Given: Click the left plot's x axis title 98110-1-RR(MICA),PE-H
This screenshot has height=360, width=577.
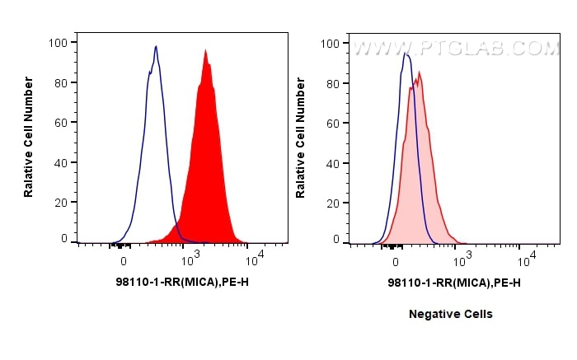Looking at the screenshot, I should [182, 283].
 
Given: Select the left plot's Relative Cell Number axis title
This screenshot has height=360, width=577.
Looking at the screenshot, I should [29, 136].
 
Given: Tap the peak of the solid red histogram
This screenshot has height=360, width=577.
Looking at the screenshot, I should [205, 50].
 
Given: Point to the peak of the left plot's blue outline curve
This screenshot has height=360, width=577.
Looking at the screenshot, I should [156, 46].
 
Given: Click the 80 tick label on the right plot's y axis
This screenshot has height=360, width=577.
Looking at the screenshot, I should [333, 82].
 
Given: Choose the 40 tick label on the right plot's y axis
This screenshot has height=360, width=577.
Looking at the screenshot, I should [333, 162].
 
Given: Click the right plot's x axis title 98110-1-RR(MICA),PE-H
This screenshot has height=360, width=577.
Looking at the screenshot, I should [453, 283].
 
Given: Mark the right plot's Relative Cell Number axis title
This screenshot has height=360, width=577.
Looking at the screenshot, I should [301, 136].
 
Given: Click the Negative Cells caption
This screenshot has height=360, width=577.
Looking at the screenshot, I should [451, 314].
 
